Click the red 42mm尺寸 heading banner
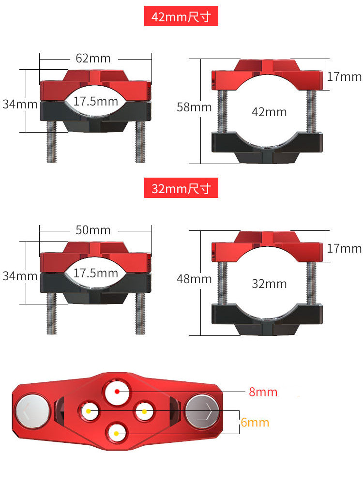point(181,16)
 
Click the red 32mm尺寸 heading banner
point(181,188)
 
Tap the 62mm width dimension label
point(93,58)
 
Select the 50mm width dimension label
point(93,230)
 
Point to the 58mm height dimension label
point(194,107)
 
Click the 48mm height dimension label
point(194,279)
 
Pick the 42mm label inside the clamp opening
point(269,112)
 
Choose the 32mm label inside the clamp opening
point(269,284)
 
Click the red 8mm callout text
point(263,392)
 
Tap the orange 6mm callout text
point(255,422)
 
